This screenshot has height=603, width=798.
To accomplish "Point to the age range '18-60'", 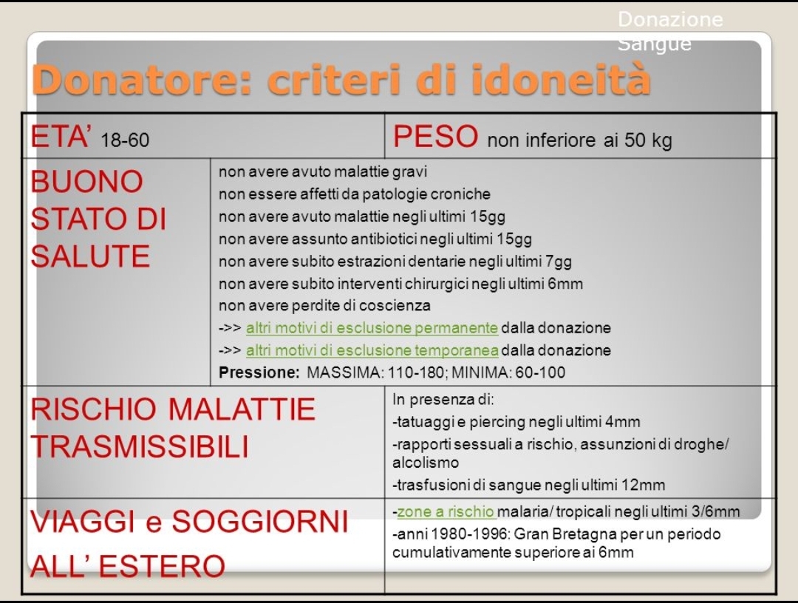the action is point(125,140).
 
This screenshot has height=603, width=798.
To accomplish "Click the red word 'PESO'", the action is point(436,137).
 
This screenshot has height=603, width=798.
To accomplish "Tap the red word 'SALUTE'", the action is point(90,256).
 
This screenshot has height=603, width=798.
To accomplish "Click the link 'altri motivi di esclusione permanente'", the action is point(372,327).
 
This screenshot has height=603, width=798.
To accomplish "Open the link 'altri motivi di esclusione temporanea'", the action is point(372,350).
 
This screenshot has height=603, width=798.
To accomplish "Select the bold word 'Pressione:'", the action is point(259,372).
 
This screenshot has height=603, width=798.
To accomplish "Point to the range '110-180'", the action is point(416,372).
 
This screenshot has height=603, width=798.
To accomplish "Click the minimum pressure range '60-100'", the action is point(540,372).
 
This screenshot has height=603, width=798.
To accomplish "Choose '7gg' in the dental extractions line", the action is point(559,262).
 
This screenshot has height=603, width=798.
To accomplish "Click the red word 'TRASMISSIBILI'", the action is point(140,447).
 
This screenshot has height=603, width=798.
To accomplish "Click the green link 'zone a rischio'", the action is point(446,511).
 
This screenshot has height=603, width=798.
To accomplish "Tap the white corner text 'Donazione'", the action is point(670,19).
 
